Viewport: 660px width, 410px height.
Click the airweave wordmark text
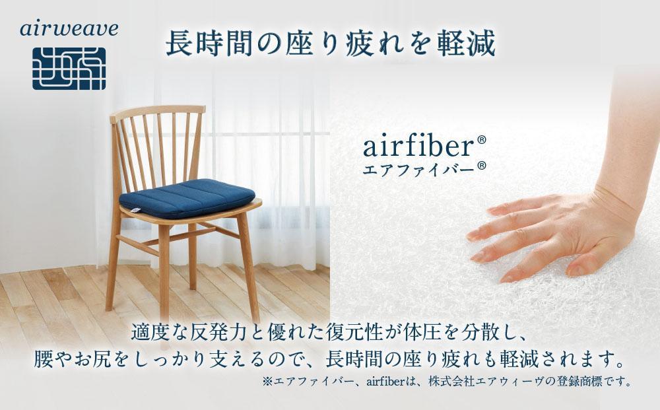click(x=69, y=28)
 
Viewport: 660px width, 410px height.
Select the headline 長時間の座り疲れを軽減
click(x=329, y=44)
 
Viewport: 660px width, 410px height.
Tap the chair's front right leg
click(x=248, y=264)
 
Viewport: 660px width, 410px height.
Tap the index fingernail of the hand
click(x=474, y=235)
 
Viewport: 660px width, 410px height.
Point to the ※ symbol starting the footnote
click(x=267, y=382)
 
